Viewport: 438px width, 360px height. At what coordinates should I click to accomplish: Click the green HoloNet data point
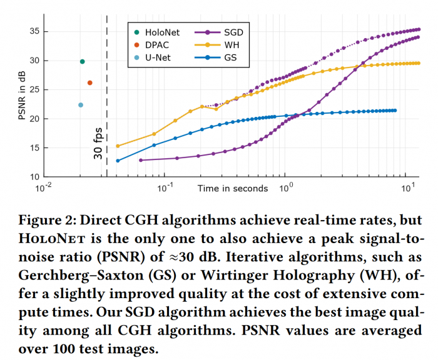coord(82,61)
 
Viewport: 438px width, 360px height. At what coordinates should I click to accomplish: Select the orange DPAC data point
coord(89,82)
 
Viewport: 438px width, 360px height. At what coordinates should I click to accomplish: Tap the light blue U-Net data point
coord(81,105)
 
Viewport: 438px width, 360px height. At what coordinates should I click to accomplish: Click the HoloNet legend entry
coord(156,31)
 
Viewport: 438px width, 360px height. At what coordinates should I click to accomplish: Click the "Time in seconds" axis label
coord(233,188)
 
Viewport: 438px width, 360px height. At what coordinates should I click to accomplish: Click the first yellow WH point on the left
coord(118,146)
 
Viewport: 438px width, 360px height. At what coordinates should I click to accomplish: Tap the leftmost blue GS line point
coord(118,161)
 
